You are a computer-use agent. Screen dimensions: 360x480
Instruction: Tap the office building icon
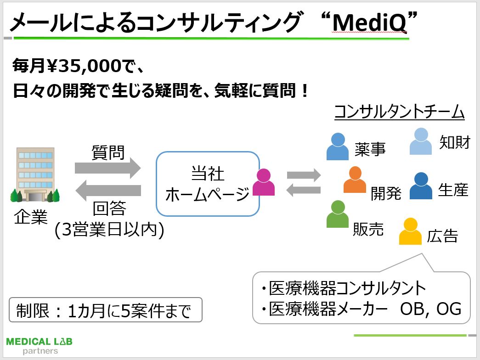tap(35, 175)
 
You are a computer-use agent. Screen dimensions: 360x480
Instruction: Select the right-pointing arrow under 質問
tap(107, 168)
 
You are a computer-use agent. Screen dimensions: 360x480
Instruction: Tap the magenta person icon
tap(264, 183)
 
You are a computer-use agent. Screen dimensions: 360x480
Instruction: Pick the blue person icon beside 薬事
tap(338, 146)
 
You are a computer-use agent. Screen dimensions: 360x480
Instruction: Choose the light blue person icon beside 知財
tap(420, 141)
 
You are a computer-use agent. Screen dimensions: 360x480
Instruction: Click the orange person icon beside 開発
tap(355, 180)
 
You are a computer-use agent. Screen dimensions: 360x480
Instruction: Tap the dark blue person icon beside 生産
tap(421, 186)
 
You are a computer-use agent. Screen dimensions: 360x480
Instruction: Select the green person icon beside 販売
tap(338, 214)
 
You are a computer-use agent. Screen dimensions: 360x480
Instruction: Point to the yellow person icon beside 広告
tap(410, 231)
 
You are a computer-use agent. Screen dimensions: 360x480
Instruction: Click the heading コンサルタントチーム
tap(399, 112)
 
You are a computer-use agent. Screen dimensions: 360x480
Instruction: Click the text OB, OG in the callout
tap(430, 309)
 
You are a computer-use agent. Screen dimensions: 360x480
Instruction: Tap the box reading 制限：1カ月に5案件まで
tap(106, 310)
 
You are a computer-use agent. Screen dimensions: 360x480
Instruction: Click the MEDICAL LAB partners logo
tap(40, 346)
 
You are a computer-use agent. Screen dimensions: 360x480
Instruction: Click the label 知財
tap(454, 142)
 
